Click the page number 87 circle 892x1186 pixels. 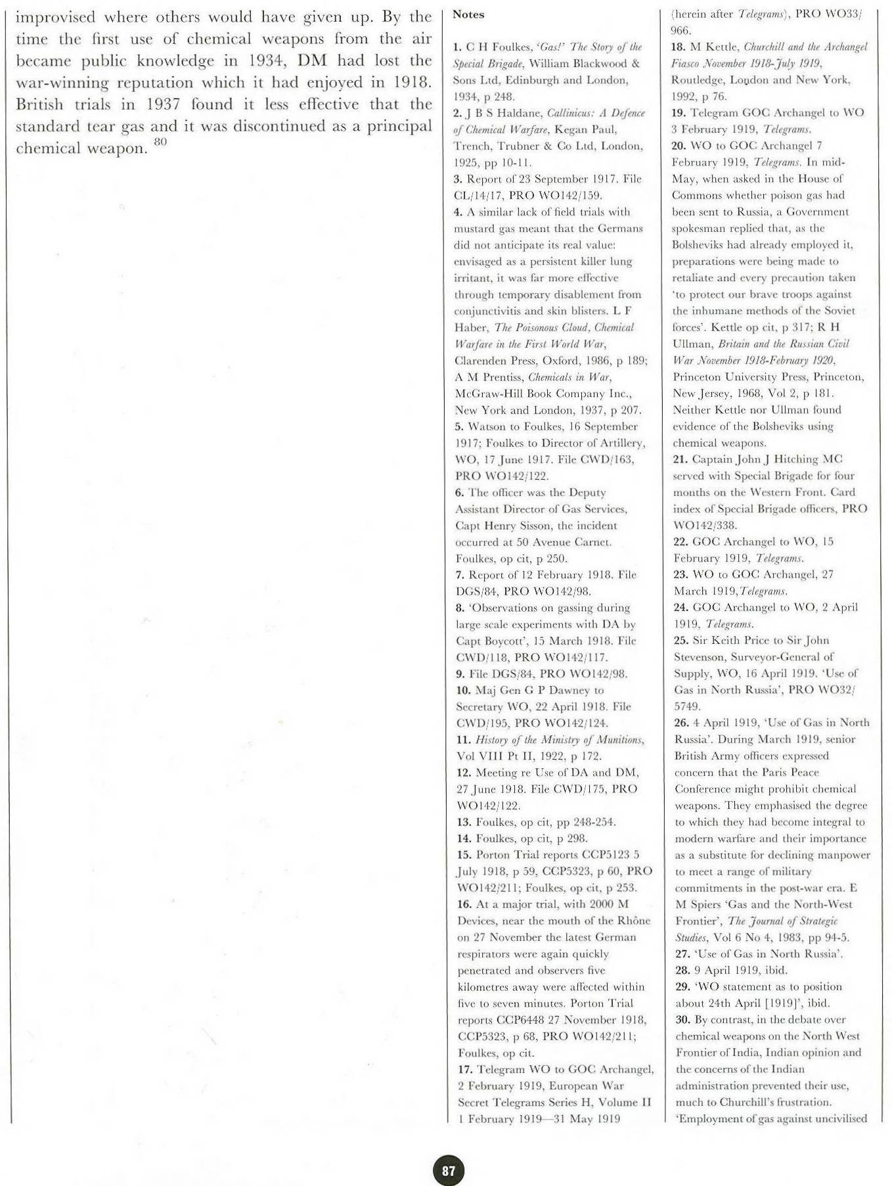(x=449, y=1170)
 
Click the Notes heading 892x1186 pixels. (x=468, y=14)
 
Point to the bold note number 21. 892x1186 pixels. (x=681, y=459)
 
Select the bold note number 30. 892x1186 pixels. (x=683, y=1019)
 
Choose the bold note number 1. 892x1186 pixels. (x=458, y=47)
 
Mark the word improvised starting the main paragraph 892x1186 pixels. (x=55, y=16)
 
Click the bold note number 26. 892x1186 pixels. (x=681, y=723)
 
